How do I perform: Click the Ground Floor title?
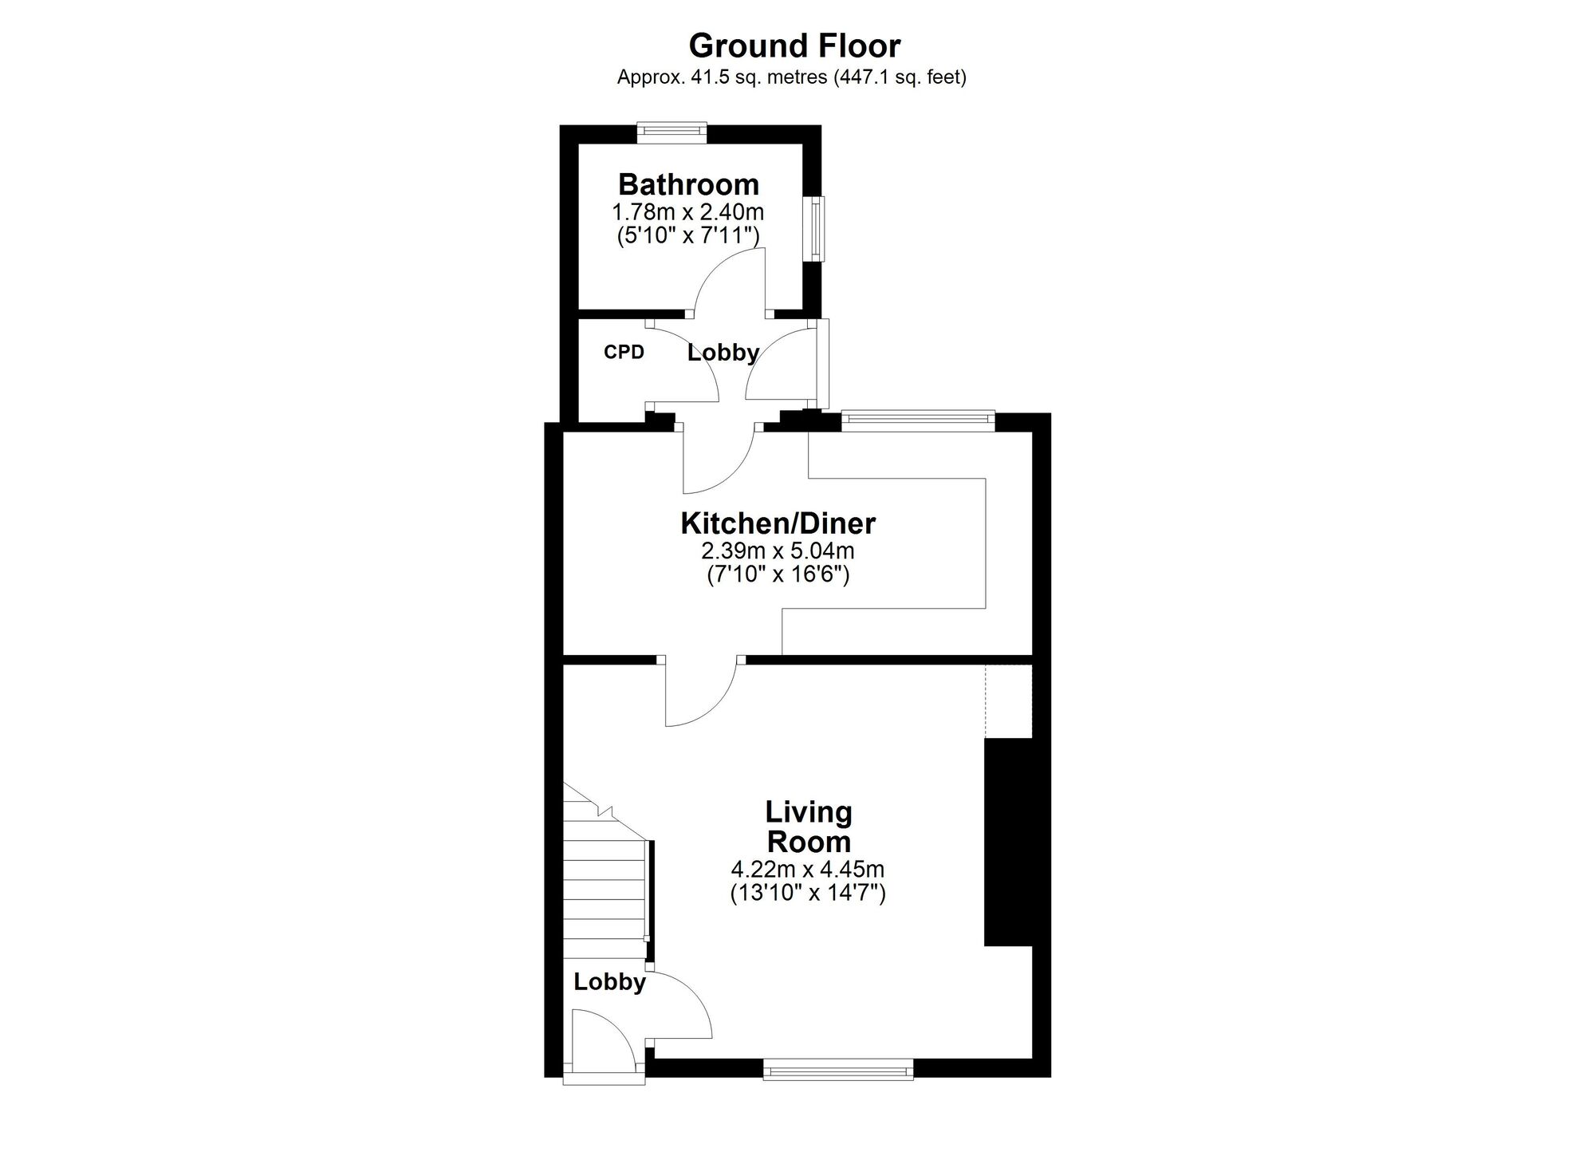[794, 46]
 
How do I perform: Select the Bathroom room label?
[689, 184]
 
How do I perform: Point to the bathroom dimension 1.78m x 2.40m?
[688, 212]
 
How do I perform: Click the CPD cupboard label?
[624, 352]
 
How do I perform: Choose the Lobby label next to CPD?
[723, 353]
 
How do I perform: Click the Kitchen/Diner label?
[778, 523]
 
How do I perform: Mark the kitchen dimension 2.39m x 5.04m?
[778, 550]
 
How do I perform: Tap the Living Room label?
[809, 827]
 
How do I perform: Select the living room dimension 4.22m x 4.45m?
[808, 869]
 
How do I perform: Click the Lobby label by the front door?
[609, 981]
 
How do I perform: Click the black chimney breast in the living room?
[1009, 842]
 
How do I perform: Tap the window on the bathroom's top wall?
[671, 132]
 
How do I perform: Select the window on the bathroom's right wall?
[817, 228]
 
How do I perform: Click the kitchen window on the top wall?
[918, 420]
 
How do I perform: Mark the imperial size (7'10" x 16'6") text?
[778, 575]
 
